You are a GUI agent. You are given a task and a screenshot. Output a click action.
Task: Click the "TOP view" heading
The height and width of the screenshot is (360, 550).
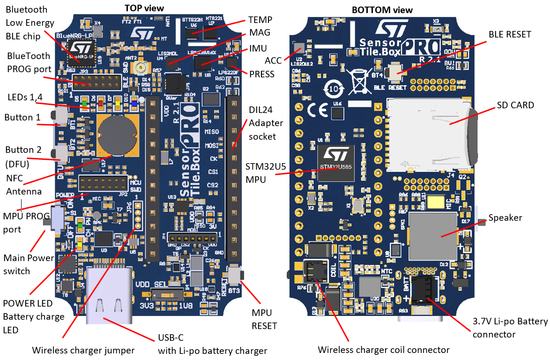click(x=144, y=8)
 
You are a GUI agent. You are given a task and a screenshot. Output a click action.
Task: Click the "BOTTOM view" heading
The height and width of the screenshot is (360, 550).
click(x=382, y=10)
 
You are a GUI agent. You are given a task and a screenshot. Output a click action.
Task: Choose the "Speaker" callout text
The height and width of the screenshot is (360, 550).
click(x=505, y=217)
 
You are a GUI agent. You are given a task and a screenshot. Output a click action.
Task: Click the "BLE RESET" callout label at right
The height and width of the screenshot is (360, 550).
click(x=510, y=34)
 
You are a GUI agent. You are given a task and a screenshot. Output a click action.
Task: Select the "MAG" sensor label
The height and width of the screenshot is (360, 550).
click(x=260, y=34)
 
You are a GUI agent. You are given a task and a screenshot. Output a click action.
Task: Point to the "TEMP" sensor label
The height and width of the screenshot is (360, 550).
click(x=260, y=20)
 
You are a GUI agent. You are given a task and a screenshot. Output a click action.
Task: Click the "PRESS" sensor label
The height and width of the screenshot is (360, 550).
click(x=262, y=74)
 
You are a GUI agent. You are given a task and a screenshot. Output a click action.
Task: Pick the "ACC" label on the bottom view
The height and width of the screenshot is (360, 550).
click(x=274, y=60)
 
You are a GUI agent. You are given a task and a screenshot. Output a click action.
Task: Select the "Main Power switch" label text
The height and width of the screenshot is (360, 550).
click(x=23, y=264)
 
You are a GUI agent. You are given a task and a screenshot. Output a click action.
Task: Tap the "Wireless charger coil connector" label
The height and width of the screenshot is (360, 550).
click(x=383, y=350)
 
